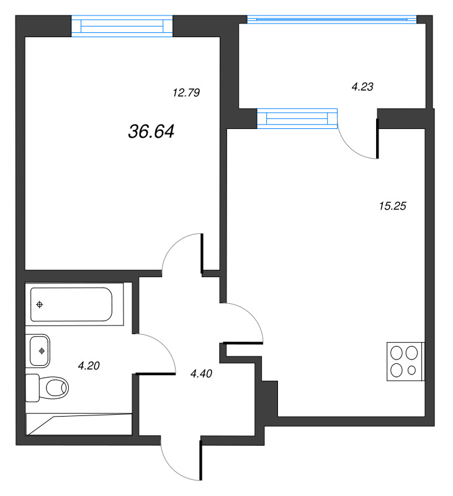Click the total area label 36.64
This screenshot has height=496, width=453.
click(151, 131)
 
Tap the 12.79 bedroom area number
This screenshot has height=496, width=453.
click(186, 93)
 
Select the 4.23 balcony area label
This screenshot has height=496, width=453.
click(362, 87)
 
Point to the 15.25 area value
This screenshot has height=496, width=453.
click(392, 206)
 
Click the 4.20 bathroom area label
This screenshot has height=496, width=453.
click(89, 366)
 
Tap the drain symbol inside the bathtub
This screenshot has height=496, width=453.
click(40, 304)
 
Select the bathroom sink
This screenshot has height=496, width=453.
click(39, 350)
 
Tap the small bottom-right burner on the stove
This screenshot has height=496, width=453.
click(413, 371)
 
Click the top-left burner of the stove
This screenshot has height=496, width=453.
click(397, 353)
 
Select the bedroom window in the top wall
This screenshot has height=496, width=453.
click(122, 25)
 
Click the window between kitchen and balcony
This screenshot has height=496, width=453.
click(297, 118)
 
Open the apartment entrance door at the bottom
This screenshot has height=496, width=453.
click(180, 459)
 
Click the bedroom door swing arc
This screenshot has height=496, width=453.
click(181, 252)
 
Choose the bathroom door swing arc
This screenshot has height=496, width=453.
click(156, 352)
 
